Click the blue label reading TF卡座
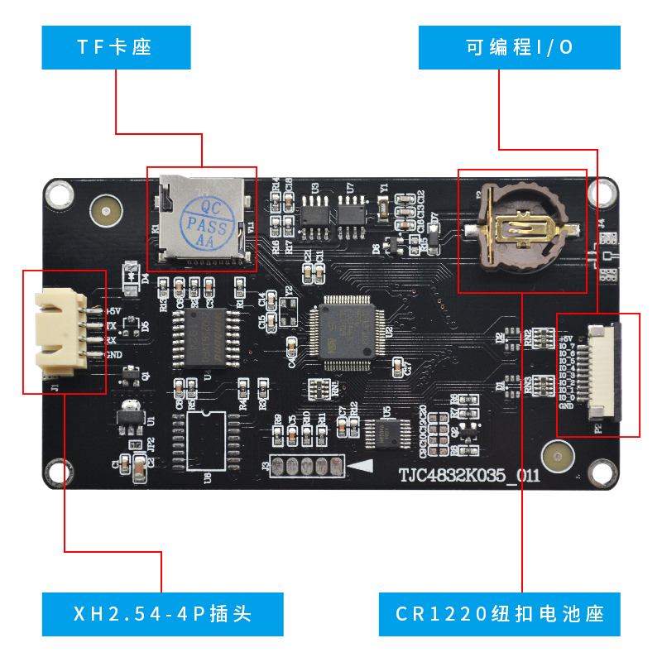[116, 47]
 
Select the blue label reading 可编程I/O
[519, 47]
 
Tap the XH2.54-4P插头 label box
[162, 614]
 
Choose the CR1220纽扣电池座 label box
[499, 614]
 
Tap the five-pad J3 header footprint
[308, 467]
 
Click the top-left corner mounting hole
[59, 194]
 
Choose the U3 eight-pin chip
[314, 213]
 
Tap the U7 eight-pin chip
[351, 213]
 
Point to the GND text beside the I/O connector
[566, 406]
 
